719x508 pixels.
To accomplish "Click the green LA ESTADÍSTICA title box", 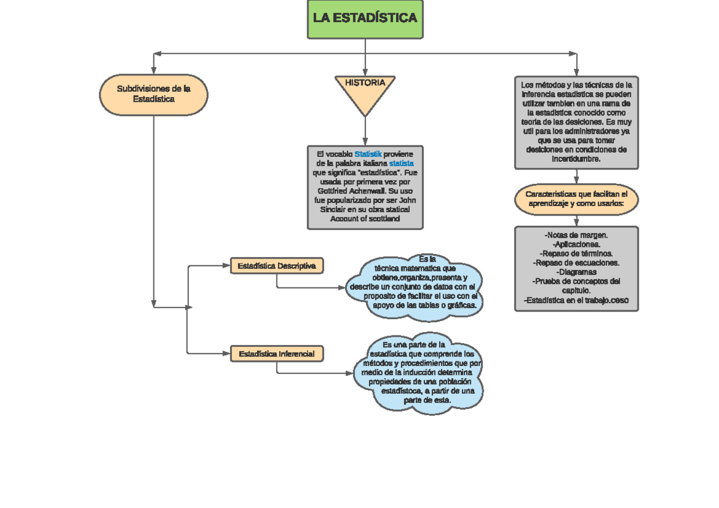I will tap(365, 19).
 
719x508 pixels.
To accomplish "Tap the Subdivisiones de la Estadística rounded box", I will tap(154, 94).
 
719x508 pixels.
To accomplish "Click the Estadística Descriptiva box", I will tap(277, 266).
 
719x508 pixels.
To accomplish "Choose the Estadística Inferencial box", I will tap(277, 354).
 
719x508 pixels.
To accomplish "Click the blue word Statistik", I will tap(368, 155).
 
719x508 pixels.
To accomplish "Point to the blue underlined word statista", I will tap(401, 164).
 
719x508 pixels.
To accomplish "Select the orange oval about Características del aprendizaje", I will tap(576, 199).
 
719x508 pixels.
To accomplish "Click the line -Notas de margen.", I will tap(576, 235).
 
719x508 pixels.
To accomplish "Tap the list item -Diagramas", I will tap(576, 271).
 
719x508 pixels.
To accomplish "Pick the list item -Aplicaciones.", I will tap(576, 244).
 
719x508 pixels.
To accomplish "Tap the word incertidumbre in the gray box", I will tap(576, 159).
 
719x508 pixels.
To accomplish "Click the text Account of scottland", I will tap(365, 219).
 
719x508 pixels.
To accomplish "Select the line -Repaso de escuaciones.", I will tap(576, 262).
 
